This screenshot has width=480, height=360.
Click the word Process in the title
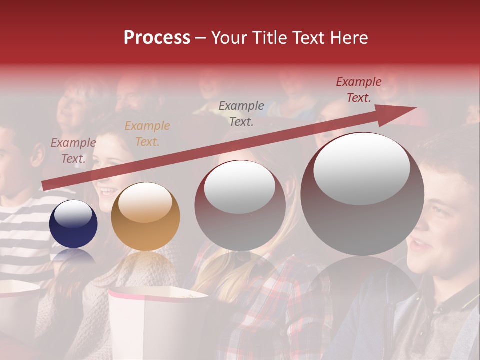pos(157,38)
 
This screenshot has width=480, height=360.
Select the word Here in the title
pos(348,38)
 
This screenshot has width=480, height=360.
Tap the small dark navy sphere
pos(73,224)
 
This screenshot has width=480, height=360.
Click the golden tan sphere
pos(145,216)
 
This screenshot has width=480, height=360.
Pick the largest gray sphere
pos(362,194)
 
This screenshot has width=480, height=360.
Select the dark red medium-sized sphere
pos(240,206)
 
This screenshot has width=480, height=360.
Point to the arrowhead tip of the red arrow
pos(415,108)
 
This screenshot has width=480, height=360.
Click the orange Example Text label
pos(147,134)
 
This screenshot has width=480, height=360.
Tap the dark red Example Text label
pos(359,90)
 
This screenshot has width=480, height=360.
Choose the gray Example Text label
pos(241,113)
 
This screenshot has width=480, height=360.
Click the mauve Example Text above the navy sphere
pos(73,151)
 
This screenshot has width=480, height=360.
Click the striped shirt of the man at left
pos(20,235)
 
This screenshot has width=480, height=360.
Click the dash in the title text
pos(201,38)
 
